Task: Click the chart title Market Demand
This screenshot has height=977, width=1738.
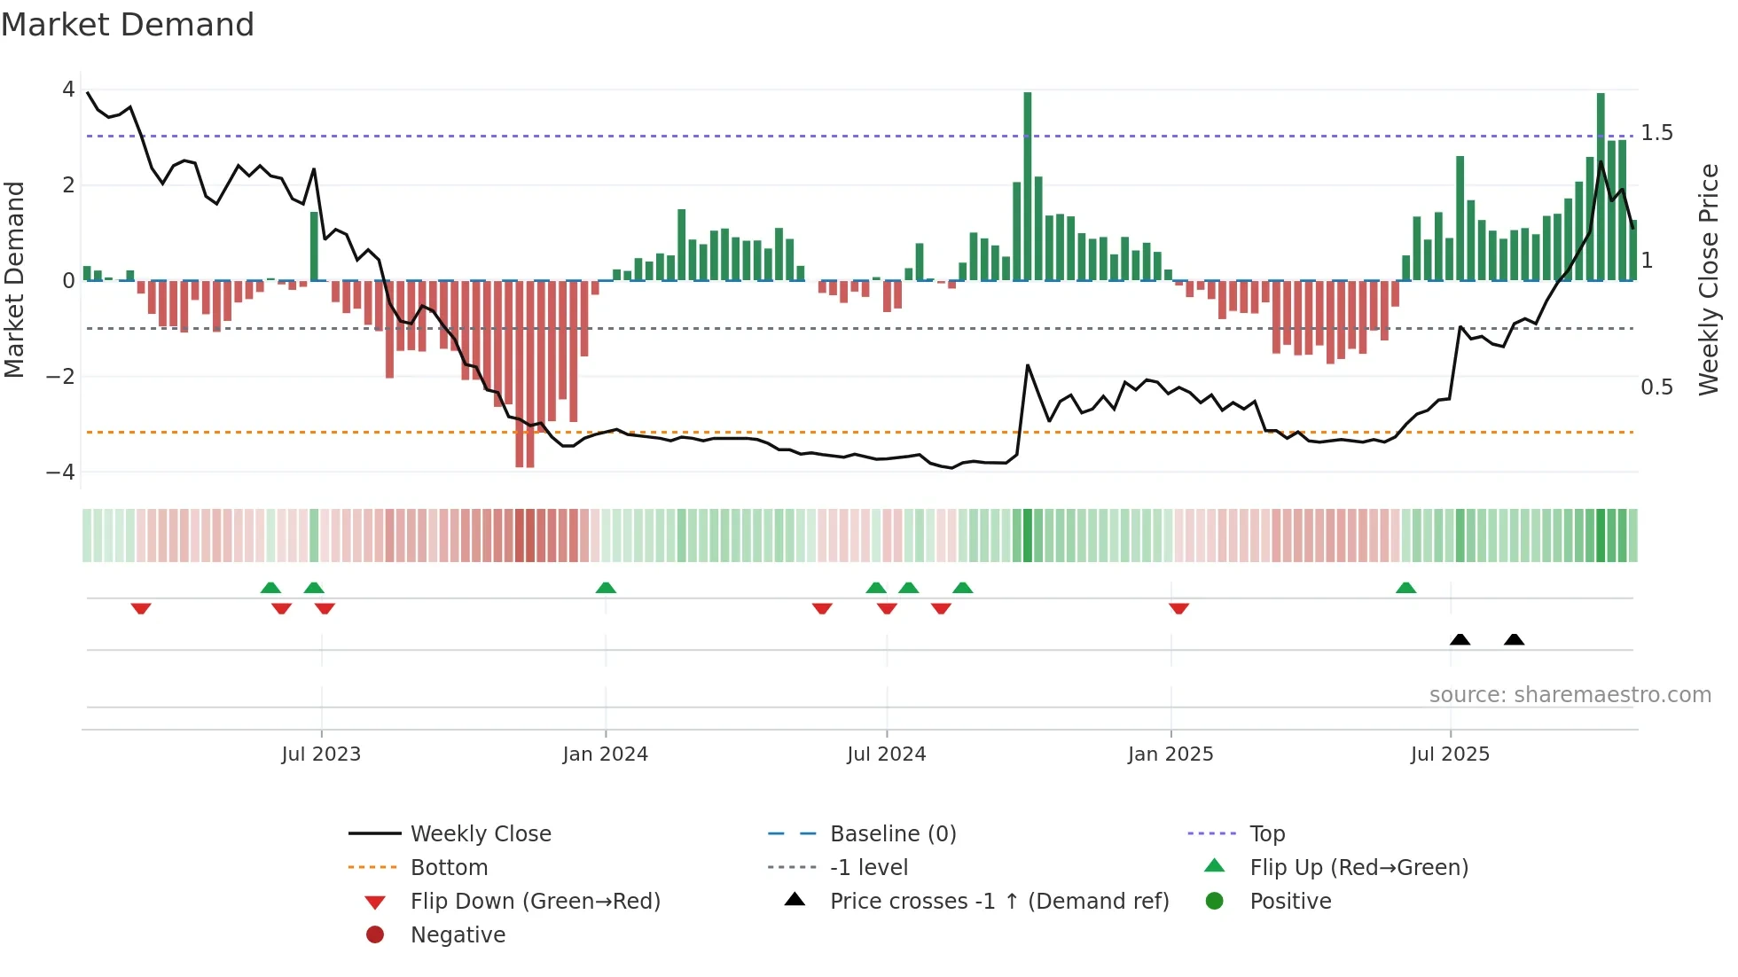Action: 128,25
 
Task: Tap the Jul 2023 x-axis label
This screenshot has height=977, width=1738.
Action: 321,754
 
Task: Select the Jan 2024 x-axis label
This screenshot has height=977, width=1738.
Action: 606,754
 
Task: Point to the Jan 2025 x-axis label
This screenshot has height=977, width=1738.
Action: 1170,754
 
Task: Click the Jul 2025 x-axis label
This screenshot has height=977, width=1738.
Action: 1451,754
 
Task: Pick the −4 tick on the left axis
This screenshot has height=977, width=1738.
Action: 60,473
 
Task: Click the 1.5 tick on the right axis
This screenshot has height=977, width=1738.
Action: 1656,133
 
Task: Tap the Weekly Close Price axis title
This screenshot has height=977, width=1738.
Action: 1709,279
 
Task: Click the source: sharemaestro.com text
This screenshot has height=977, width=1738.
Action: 1570,695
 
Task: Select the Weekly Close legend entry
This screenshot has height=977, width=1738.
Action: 480,834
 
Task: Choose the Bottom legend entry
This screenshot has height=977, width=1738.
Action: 449,868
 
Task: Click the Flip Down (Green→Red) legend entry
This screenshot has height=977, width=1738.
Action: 535,902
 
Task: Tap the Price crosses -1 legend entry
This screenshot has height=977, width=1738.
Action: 998,902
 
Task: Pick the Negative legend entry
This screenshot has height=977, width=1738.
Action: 458,935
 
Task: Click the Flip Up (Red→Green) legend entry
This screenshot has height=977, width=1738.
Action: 1358,868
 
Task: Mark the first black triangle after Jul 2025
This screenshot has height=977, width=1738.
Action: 1460,639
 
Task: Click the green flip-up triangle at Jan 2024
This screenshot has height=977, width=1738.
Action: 606,588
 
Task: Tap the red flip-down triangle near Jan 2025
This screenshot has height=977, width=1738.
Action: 1178,608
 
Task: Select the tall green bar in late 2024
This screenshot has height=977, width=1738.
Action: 1028,186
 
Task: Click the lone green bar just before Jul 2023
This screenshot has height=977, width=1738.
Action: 314,246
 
